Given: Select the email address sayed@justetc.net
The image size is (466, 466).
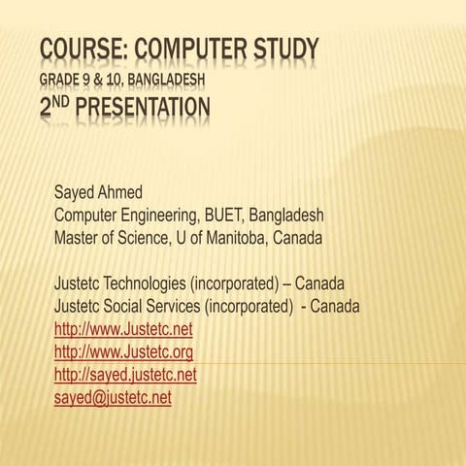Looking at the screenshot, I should [113, 398].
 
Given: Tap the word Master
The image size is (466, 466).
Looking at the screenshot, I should [78, 237].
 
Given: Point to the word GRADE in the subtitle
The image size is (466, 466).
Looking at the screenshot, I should [62, 77].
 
